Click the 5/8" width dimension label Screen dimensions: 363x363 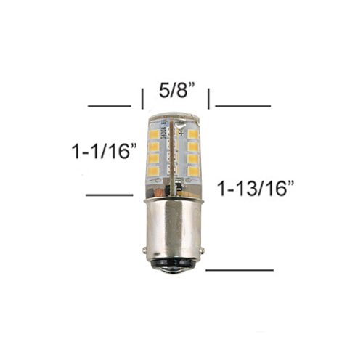pos(177,91)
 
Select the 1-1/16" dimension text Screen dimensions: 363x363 pos(105,151)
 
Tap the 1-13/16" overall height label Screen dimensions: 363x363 pos(256,189)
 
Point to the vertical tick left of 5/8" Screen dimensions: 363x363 pos(142,99)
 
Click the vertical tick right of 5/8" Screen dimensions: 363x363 pos(208,99)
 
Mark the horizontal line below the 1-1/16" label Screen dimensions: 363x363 pos(110,195)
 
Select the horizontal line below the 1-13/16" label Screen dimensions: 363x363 pos(240,270)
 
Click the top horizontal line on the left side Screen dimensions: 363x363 pos(110,106)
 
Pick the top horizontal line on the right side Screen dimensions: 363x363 pos(242,106)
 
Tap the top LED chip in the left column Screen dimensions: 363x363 pos(153,134)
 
